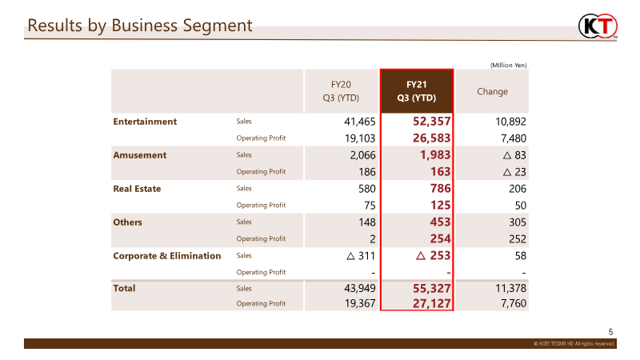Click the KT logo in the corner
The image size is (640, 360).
point(598,26)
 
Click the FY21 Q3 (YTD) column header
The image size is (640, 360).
point(416,91)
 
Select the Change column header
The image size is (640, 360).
point(492,91)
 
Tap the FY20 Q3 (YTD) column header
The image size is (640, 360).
point(341,91)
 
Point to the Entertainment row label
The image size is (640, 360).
point(145,122)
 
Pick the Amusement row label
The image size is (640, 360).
point(139,155)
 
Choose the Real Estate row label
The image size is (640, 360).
point(137,189)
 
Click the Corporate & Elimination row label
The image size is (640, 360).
point(167,255)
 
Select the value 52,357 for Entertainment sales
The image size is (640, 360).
point(431,122)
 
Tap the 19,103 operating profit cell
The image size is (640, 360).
point(359,138)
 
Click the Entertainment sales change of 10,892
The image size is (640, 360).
point(510,122)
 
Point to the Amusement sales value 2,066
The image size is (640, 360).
point(362,155)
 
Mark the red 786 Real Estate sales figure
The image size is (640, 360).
point(441,188)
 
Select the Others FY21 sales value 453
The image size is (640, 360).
point(441,222)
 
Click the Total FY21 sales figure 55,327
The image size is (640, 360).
point(431,289)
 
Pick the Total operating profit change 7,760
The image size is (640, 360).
point(514,303)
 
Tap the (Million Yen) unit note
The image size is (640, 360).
point(509,66)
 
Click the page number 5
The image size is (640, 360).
point(611,332)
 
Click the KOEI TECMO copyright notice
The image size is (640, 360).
point(574,344)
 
